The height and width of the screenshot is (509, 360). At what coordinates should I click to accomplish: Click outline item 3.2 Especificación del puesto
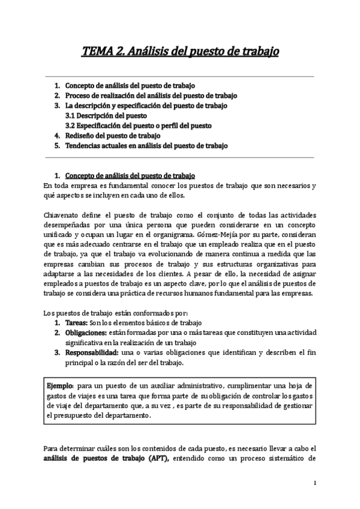tap(138, 125)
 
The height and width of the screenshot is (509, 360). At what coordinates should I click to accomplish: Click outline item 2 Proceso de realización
tap(151, 95)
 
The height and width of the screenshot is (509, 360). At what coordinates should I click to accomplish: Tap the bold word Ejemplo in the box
tap(61, 384)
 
